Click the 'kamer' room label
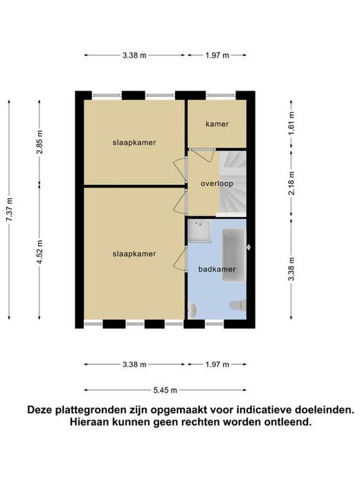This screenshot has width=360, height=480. tap(217, 124)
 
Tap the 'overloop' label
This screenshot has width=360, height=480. tap(217, 184)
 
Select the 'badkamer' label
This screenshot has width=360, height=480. tap(217, 269)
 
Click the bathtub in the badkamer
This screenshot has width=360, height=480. tap(234, 255)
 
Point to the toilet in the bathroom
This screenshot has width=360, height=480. tap(238, 305)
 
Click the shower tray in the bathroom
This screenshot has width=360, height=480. tap(199, 231)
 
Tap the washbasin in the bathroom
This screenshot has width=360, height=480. tap(192, 310)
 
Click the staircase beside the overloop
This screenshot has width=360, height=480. tap(233, 184)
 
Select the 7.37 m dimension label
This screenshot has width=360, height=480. tap(9, 210)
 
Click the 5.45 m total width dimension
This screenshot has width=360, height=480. tap(165, 390)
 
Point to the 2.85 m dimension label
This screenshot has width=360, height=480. tap(39, 142)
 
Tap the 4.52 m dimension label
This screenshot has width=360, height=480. tap(39, 253)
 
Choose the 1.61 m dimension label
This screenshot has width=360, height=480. tap(291, 124)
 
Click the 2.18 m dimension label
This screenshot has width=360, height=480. tap(291, 184)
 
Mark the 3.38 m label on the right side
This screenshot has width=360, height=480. tap(291, 269)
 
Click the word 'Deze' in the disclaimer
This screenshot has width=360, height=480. tap(39, 409)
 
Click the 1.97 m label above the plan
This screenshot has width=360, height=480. tap(217, 55)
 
